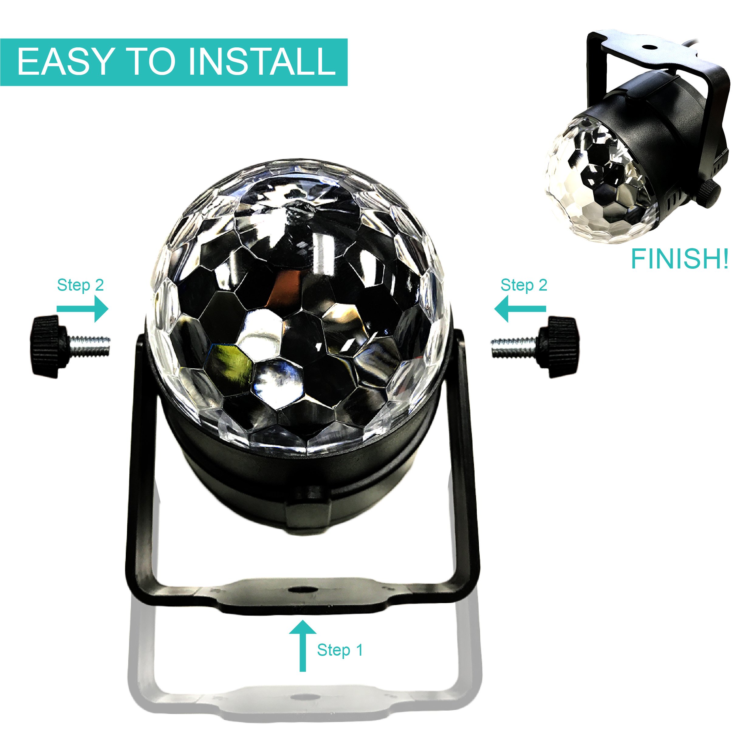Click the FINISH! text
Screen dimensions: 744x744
[680, 259]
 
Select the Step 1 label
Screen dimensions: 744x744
[340, 650]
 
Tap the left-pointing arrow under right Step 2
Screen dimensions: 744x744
[520, 309]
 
